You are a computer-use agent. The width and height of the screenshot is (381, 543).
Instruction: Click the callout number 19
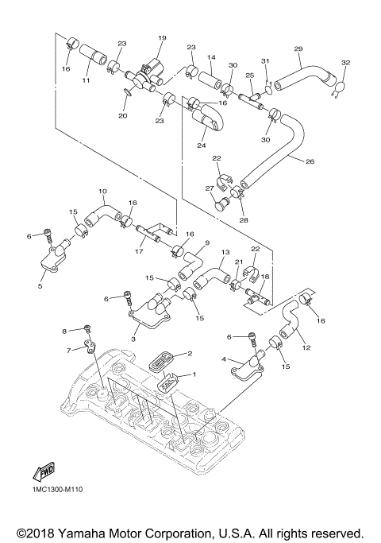click(x=161, y=38)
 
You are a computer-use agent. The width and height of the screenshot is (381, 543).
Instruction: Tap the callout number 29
click(x=298, y=49)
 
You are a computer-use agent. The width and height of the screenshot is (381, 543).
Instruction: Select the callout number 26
click(x=310, y=161)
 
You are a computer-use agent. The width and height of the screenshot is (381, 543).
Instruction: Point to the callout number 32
click(x=345, y=62)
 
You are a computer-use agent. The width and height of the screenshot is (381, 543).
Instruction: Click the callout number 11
click(x=87, y=80)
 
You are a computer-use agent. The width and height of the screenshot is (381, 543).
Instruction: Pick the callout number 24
click(x=202, y=145)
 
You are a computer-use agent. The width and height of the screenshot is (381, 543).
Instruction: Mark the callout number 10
click(x=102, y=192)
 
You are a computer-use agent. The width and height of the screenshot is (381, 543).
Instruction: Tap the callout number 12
click(x=306, y=348)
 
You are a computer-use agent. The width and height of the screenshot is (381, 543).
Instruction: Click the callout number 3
click(x=134, y=339)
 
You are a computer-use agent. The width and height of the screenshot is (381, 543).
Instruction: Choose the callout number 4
click(x=226, y=360)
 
